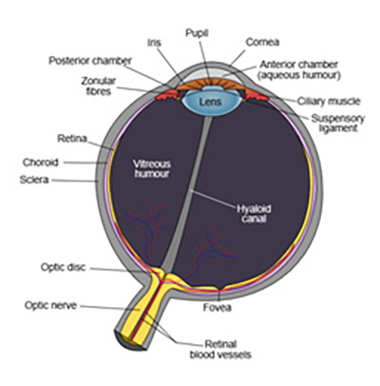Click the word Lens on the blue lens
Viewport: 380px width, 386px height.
tap(210, 102)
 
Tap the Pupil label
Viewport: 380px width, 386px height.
tap(197, 33)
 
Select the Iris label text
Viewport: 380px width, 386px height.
tap(154, 43)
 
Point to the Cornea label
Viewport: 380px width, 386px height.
tap(262, 42)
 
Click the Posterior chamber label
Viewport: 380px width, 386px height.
tap(90, 61)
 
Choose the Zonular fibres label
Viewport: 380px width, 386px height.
tap(99, 86)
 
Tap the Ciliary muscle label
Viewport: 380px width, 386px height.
tap(329, 101)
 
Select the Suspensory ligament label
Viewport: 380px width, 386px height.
tap(338, 124)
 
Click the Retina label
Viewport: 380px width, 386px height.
tap(72, 139)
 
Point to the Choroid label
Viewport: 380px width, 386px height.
tap(41, 163)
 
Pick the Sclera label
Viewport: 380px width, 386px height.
tap(34, 180)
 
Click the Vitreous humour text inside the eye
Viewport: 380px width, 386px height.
tap(152, 168)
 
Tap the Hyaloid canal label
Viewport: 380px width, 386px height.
tap(254, 214)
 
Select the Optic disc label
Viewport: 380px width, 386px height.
tap(64, 267)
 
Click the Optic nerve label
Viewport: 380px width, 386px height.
tap(50, 305)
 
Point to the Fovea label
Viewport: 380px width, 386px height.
tap(218, 307)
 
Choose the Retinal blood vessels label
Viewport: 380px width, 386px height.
tap(220, 349)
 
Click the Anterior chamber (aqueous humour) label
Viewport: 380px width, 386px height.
tap(299, 69)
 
